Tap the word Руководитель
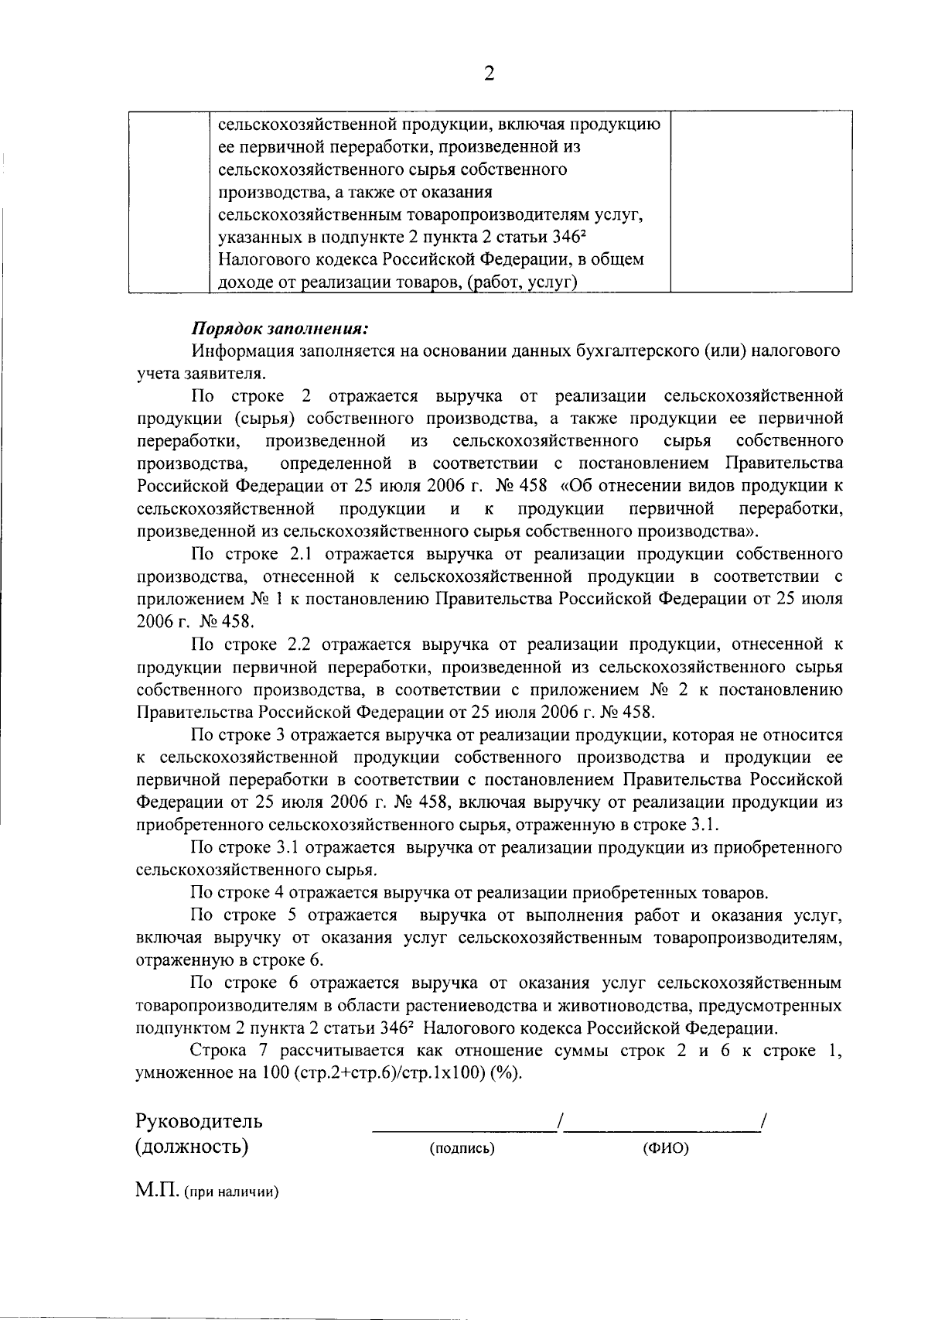199,1120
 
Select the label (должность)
192,1146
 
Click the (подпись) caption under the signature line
462,1149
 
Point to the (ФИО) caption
665,1149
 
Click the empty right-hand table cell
760,202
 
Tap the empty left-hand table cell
169,202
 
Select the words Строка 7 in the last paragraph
229,1052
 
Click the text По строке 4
240,893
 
